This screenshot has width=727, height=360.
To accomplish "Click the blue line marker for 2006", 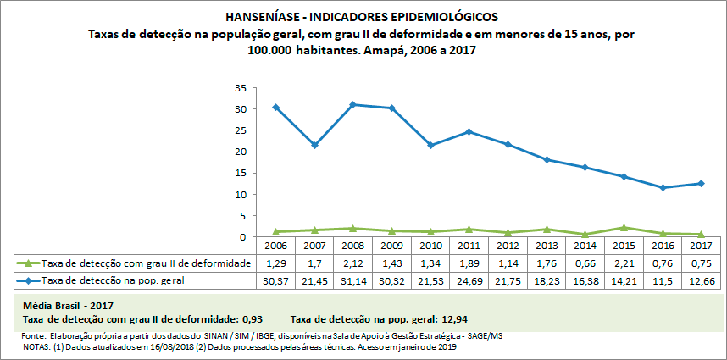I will pos(276,108).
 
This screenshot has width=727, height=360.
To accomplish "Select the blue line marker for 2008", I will pos(354,104).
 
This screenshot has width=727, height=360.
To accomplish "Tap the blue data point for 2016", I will pos(663,187).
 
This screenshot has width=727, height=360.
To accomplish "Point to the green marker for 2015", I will pos(624,227).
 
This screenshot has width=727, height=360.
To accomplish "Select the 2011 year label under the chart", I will pos(469,246).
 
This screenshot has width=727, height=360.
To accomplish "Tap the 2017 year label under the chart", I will pos(701,246).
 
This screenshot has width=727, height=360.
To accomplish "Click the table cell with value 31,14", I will pos(353,279).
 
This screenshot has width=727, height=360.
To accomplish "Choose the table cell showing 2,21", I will pos(624,263).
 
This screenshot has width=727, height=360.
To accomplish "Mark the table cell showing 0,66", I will pos(585,263).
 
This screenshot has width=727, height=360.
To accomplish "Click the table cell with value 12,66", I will pos(701,279).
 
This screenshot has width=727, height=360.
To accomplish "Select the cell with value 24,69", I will pos(469,279).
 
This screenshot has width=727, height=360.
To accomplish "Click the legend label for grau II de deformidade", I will pos(145,263).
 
